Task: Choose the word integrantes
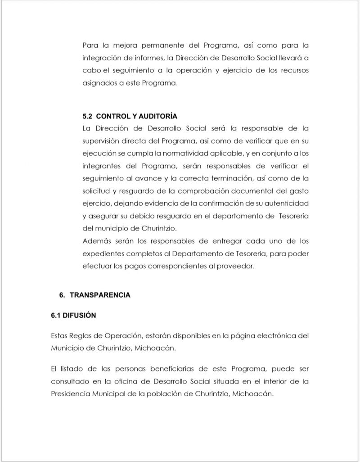pyautogui.click(x=101, y=166)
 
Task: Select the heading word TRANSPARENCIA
pyautogui.click(x=100, y=295)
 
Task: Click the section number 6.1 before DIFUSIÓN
pyautogui.click(x=56, y=315)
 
